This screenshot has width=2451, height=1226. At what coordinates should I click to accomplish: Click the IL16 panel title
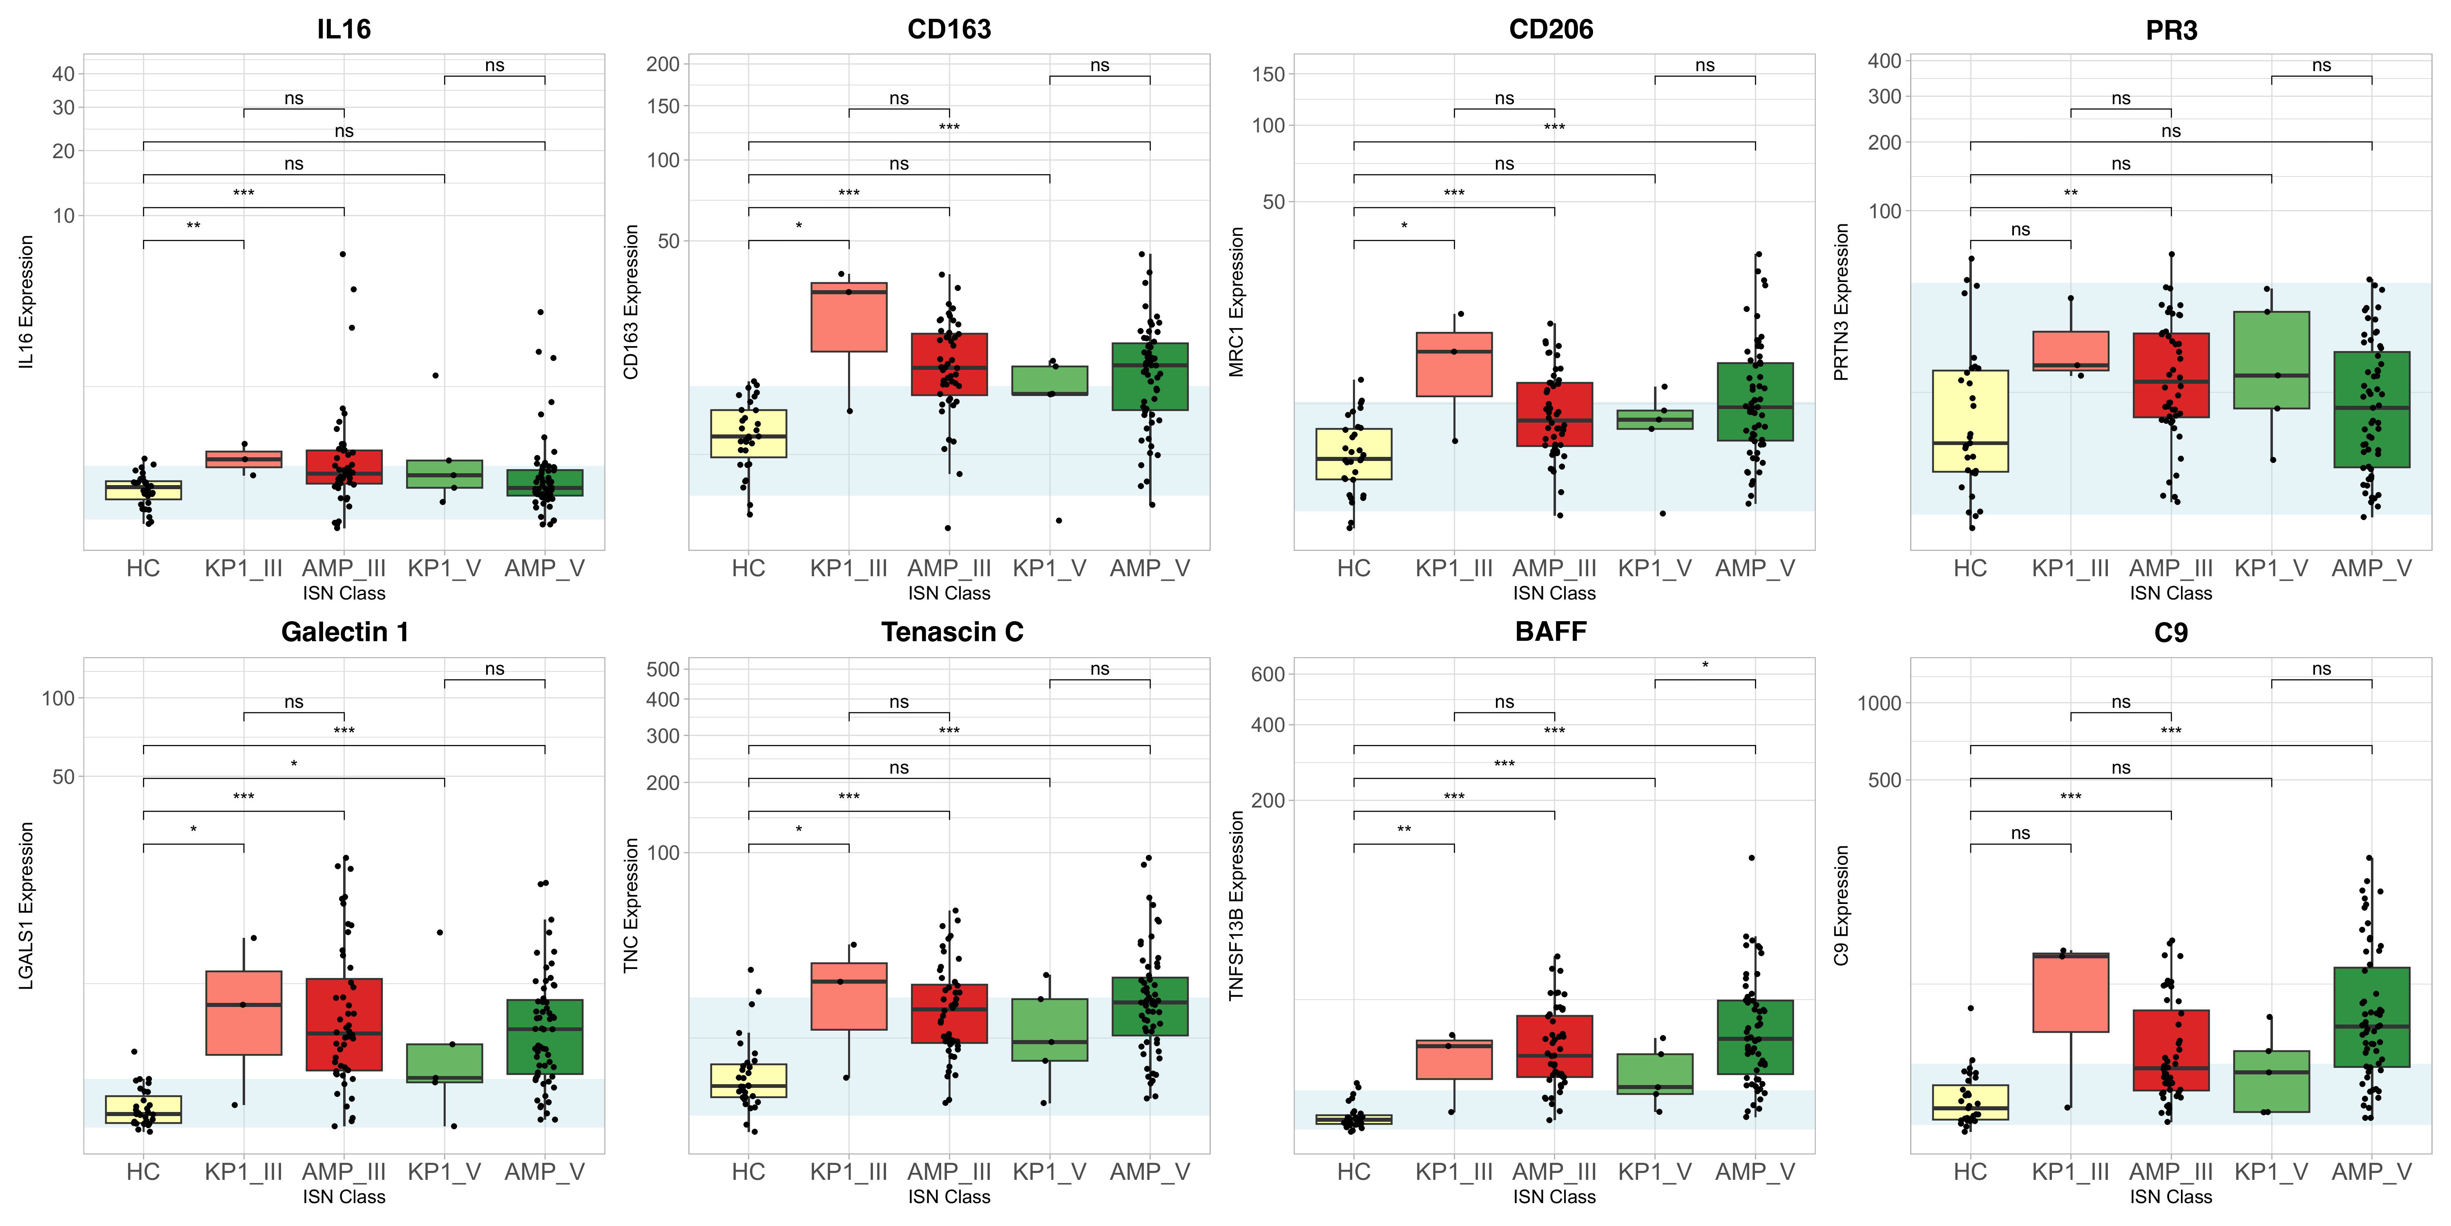[x=344, y=29]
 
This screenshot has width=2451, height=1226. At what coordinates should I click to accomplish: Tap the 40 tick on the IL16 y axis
[x=63, y=74]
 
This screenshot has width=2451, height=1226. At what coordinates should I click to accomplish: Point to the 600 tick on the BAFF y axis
[x=1267, y=674]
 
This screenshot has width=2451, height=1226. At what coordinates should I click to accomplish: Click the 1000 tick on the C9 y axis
[x=1879, y=703]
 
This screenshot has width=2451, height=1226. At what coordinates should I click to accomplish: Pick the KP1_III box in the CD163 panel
[x=849, y=317]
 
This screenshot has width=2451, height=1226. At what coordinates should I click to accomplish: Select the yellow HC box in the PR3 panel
[x=1971, y=421]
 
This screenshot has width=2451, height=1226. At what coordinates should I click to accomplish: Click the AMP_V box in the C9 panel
[x=2371, y=1017]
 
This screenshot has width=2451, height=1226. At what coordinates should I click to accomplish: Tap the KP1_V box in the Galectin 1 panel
[x=444, y=1063]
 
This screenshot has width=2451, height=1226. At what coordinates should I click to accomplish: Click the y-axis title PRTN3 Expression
[x=1841, y=303]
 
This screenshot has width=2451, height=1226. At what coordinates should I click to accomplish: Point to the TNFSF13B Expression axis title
[x=1236, y=905]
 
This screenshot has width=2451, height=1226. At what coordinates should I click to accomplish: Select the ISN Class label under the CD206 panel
[x=1554, y=593]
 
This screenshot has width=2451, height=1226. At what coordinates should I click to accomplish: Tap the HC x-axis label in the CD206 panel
[x=1353, y=568]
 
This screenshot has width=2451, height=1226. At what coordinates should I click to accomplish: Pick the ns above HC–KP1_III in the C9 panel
[x=2020, y=833]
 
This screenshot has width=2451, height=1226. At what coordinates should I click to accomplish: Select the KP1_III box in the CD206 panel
[x=1454, y=365]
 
